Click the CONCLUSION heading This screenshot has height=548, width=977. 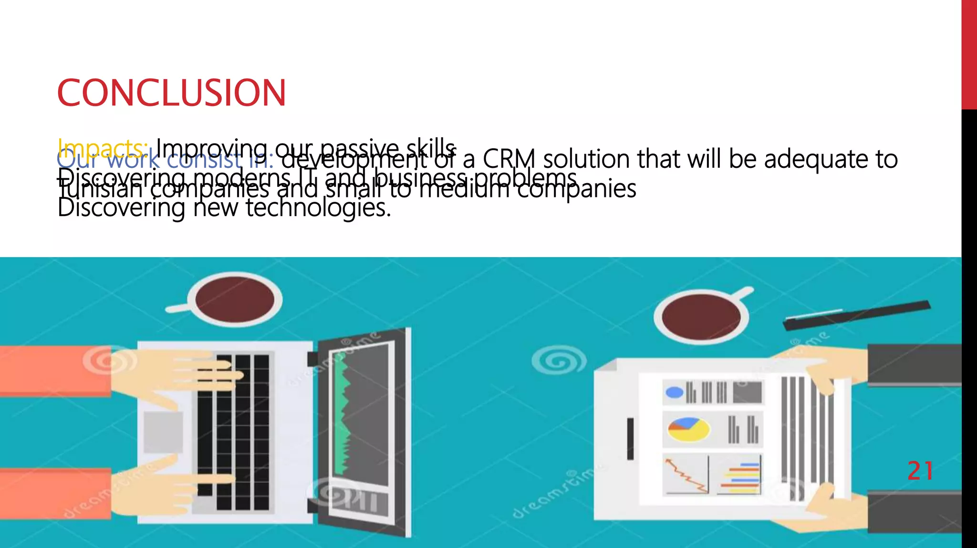point(171,93)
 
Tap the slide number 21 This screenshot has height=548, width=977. point(920,471)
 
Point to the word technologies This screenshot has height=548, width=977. point(318,208)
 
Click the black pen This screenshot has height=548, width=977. point(856,315)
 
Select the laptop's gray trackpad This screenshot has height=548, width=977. point(163,432)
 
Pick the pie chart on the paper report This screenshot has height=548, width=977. point(688,429)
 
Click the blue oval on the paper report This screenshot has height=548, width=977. point(674,393)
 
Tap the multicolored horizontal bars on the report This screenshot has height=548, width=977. point(740,478)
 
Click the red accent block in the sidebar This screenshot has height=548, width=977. point(969,55)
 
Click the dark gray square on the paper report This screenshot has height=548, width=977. point(747,393)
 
